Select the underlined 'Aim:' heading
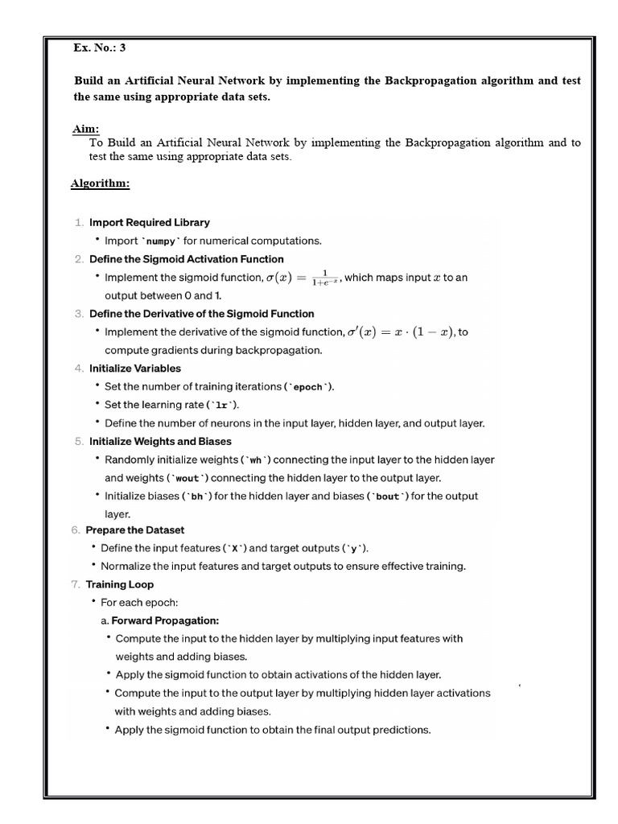(85, 129)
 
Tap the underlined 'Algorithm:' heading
(100, 183)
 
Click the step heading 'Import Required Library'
(150, 222)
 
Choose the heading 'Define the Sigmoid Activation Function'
(186, 259)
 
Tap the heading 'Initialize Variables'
(135, 368)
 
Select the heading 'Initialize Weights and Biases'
(160, 441)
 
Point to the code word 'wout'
(186, 478)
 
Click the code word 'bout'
(388, 496)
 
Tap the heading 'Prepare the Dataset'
(137, 529)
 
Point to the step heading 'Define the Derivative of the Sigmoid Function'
(201, 313)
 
